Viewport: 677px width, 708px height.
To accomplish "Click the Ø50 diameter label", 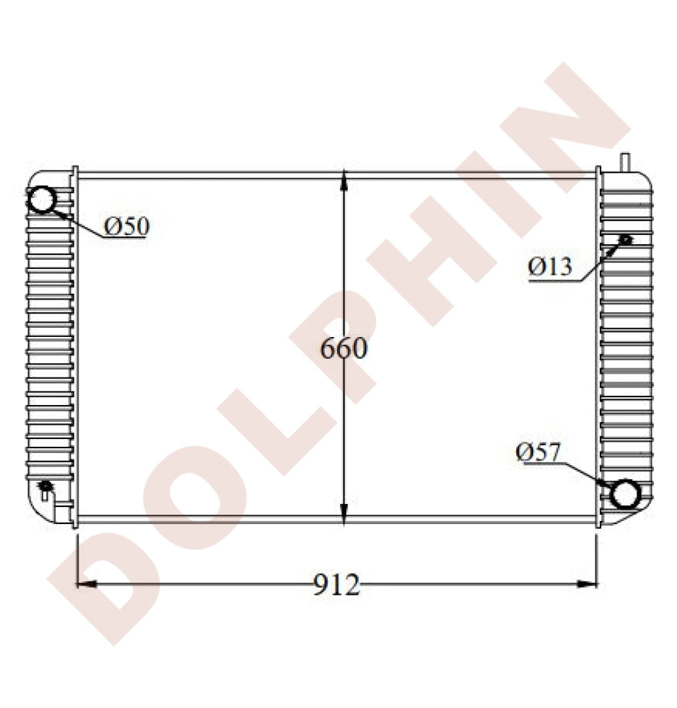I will [127, 227].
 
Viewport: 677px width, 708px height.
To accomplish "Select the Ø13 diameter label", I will [550, 267].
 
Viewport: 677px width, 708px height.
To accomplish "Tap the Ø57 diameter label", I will [538, 452].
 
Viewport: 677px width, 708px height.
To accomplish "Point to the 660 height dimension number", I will [343, 348].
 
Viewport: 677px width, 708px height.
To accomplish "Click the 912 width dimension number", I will [336, 585].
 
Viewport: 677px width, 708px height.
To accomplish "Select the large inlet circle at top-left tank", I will [42, 200].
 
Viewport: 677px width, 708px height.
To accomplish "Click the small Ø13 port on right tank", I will [625, 239].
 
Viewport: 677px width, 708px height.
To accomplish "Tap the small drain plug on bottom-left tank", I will [46, 486].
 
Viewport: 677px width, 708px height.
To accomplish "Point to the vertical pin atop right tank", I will [625, 161].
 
